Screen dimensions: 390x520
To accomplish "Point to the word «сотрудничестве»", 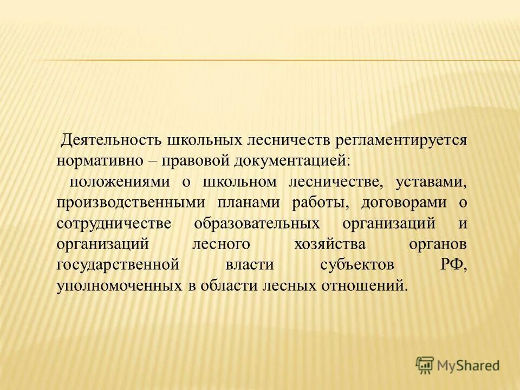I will tap(114, 224).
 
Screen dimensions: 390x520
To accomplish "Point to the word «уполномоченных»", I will tap(119, 286).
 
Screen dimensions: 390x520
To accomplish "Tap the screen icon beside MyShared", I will tap(425, 365).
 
